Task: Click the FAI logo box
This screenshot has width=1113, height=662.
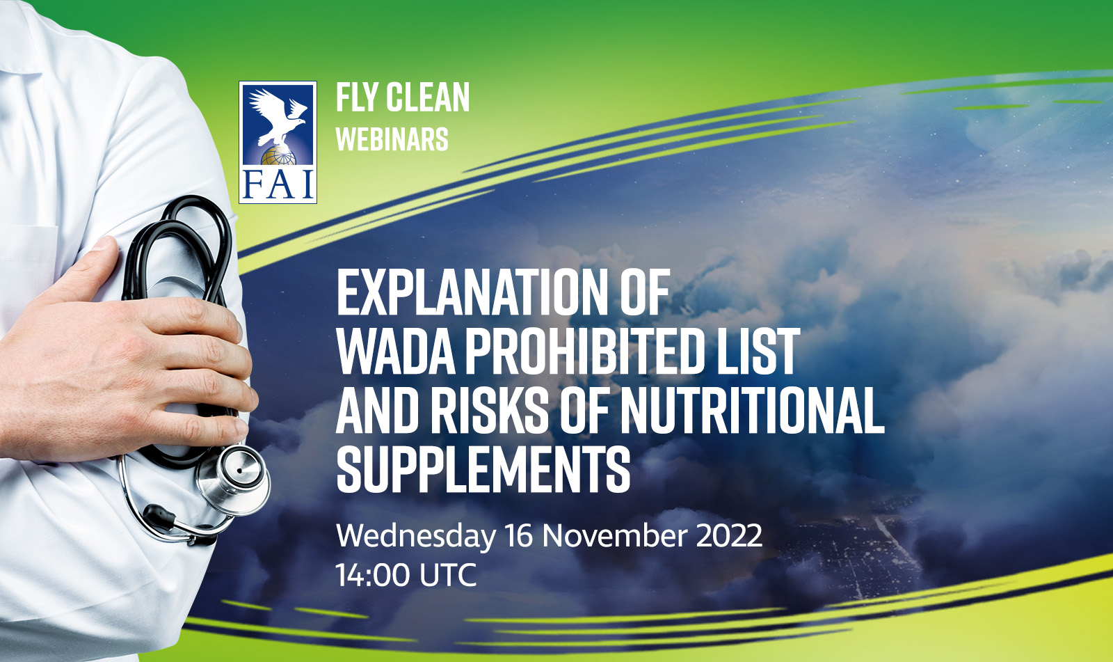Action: click(278, 142)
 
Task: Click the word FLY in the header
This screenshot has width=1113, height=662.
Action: click(355, 97)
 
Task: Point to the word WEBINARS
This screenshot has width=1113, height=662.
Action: click(392, 139)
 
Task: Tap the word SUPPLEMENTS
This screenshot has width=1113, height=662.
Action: click(483, 469)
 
